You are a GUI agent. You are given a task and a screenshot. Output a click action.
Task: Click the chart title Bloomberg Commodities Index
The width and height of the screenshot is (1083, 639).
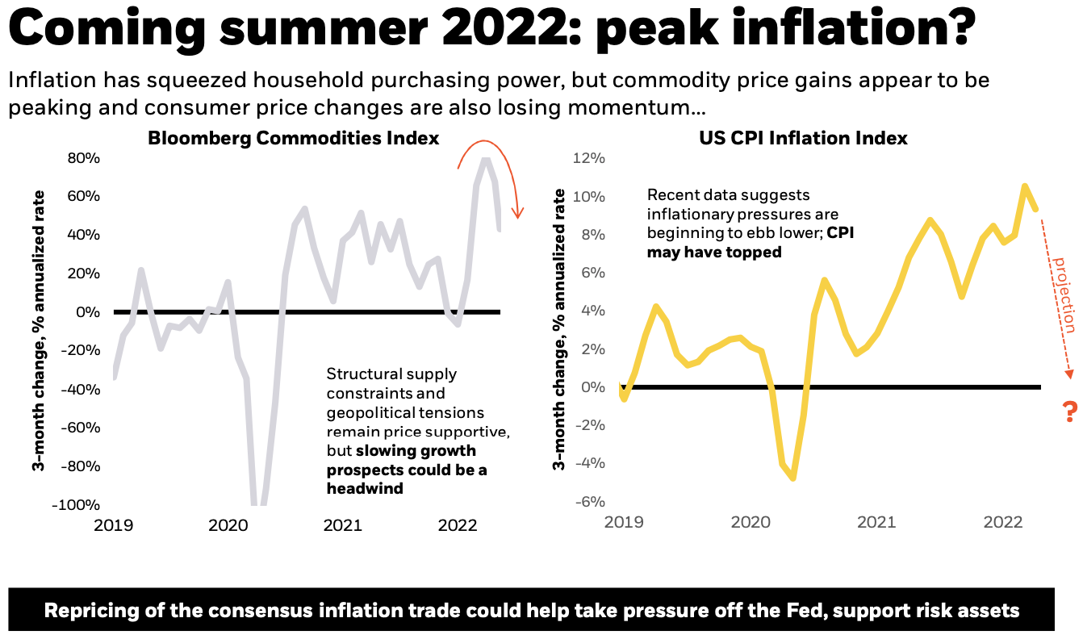(x=293, y=138)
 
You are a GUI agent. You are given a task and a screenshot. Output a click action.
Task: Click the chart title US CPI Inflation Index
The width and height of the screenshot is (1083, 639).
(x=803, y=138)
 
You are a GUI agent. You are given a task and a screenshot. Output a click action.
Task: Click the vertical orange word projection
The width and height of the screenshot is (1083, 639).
(x=1064, y=294)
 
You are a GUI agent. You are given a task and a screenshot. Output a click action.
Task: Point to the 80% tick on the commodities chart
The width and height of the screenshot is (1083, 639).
(x=84, y=158)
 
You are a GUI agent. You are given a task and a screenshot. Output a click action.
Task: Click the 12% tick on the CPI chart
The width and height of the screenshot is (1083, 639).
(x=589, y=158)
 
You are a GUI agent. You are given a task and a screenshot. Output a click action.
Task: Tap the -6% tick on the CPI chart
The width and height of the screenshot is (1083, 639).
(x=589, y=501)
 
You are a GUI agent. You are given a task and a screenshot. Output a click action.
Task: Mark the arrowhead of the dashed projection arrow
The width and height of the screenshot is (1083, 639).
(x=1069, y=372)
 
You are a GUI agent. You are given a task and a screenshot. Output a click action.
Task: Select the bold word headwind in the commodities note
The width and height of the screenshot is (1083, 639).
(x=364, y=489)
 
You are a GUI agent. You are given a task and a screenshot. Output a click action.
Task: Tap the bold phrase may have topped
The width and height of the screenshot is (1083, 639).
(x=714, y=253)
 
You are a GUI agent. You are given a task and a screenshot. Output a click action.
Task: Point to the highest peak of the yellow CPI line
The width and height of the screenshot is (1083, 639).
(x=1024, y=187)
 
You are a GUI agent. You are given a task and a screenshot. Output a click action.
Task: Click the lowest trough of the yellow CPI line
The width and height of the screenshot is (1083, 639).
(x=794, y=478)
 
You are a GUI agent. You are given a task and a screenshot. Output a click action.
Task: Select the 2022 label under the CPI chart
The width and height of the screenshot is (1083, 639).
(x=1003, y=522)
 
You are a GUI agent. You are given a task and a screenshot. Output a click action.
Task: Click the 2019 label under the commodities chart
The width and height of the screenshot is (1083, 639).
(x=113, y=526)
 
